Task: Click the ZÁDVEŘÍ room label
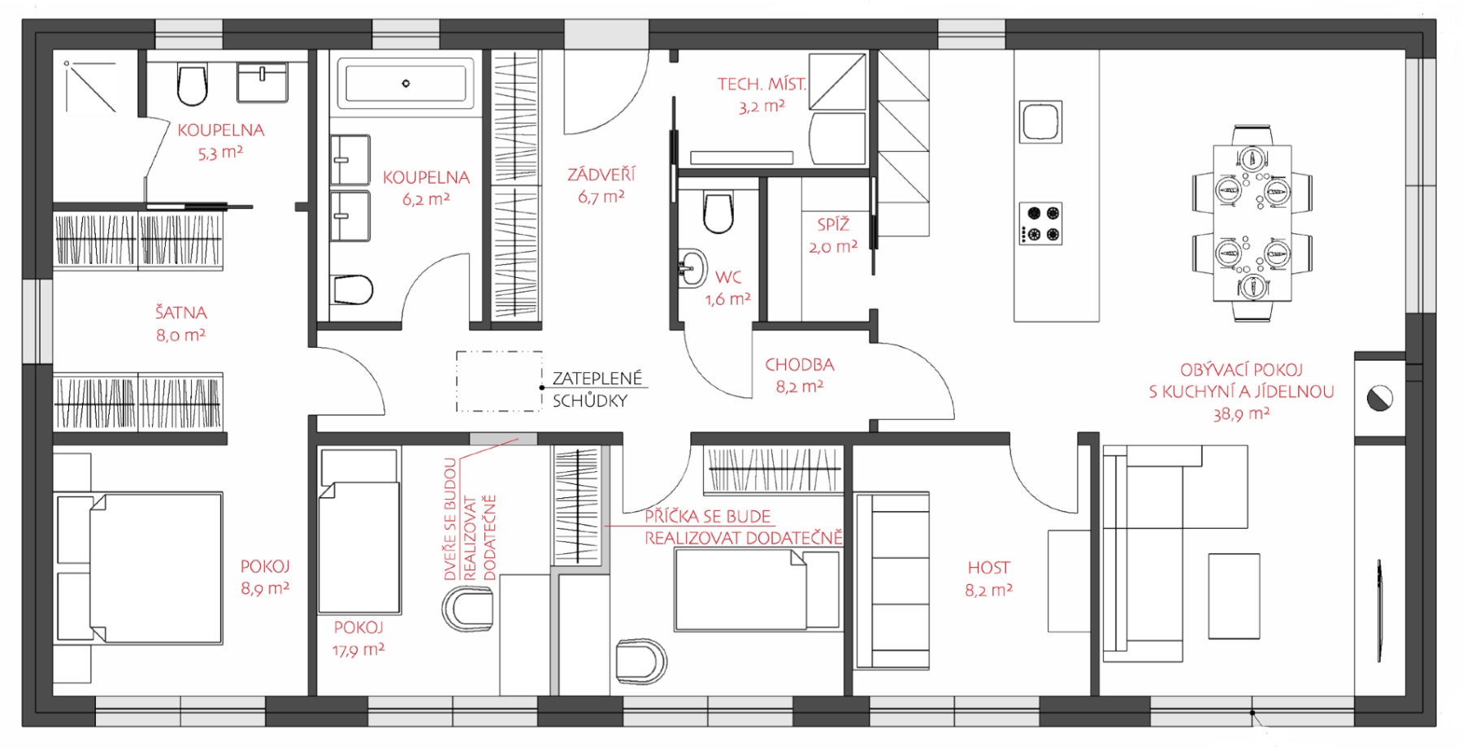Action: point(601,174)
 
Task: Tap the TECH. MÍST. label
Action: point(762,84)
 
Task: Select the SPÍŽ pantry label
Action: point(833,224)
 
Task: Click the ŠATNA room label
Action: point(181,312)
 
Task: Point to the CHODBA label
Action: point(800,365)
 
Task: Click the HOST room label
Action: point(988,568)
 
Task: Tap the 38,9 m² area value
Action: point(1241,414)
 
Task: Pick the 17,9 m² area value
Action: point(358,650)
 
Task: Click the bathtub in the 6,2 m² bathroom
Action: point(406,83)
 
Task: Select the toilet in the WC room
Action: point(718,212)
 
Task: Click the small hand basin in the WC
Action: point(691,267)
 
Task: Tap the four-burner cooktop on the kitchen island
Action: point(1041,223)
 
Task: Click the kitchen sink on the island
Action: point(1040,122)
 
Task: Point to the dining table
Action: point(1252,223)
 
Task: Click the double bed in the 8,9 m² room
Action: point(138,568)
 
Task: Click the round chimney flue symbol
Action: point(1380,398)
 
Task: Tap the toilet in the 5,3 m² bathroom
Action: point(192,85)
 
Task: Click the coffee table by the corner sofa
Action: point(1234,596)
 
